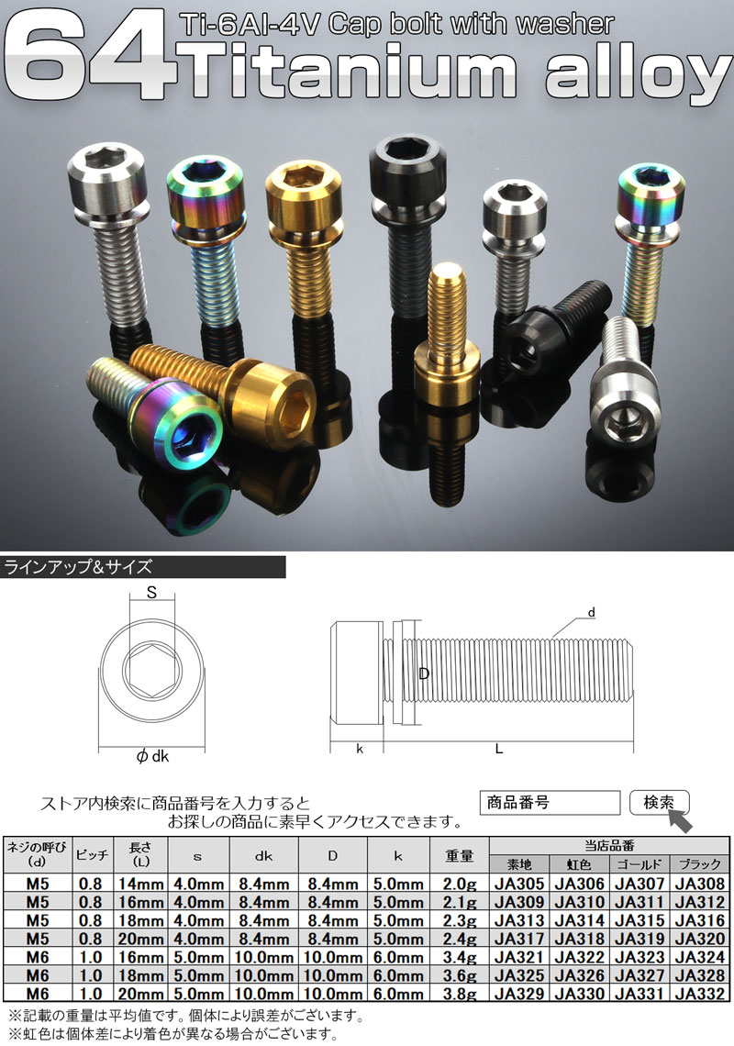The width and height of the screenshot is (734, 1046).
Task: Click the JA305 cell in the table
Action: pyautogui.click(x=519, y=884)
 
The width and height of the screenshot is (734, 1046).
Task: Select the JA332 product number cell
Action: pyautogui.click(x=699, y=994)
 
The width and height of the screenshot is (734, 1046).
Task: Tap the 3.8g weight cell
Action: pyautogui.click(x=460, y=994)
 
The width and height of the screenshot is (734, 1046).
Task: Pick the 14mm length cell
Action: pyautogui.click(x=140, y=884)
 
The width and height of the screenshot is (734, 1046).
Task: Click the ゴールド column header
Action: pyautogui.click(x=639, y=864)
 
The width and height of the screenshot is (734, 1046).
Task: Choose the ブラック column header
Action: pyautogui.click(x=699, y=864)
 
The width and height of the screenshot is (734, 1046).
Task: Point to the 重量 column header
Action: pyautogui.click(x=460, y=855)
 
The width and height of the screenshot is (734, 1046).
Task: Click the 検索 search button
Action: pyautogui.click(x=659, y=803)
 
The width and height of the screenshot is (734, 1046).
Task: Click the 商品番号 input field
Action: pyautogui.click(x=550, y=803)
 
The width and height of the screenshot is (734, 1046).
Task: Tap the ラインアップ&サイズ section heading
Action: pyautogui.click(x=79, y=567)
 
